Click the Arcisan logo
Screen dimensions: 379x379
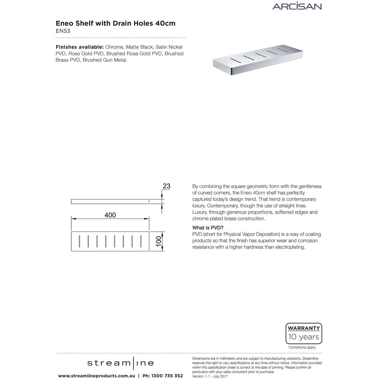click(297, 6)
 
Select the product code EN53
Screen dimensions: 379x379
click(63, 31)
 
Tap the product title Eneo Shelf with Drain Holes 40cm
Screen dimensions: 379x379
click(115, 24)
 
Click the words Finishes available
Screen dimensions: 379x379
click(79, 47)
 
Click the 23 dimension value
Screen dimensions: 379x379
click(166, 186)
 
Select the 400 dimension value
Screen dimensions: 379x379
click(110, 215)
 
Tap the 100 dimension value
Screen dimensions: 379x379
click(159, 242)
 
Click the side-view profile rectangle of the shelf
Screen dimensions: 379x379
click(110, 201)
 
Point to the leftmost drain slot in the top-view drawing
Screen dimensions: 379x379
click(80, 241)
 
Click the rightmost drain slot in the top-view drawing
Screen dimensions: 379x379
click(141, 241)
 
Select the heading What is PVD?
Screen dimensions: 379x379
click(208, 228)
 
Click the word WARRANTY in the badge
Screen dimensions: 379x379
click(304, 328)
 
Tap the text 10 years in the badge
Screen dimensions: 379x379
click(304, 337)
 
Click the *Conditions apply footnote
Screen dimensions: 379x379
click(302, 347)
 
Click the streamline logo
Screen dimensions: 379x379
click(120, 363)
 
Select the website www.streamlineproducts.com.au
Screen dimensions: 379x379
click(97, 375)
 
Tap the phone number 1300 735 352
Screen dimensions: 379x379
click(167, 375)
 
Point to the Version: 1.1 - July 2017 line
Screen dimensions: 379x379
click(210, 376)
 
